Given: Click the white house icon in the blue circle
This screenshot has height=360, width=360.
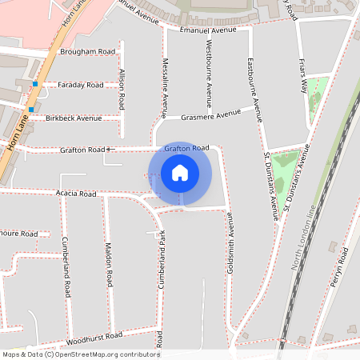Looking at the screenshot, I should pyautogui.click(x=180, y=173).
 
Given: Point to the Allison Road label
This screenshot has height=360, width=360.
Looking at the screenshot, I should pyautogui.click(x=122, y=89).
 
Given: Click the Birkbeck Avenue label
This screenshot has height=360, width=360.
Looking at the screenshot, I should pyautogui.click(x=74, y=118).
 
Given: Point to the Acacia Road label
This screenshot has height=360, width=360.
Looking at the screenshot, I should pyautogui.click(x=76, y=194).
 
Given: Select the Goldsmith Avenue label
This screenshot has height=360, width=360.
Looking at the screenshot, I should pyautogui.click(x=231, y=248).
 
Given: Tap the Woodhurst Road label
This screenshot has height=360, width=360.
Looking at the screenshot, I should pyautogui.click(x=94, y=337).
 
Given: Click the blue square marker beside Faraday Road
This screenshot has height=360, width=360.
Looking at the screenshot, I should pyautogui.click(x=35, y=84).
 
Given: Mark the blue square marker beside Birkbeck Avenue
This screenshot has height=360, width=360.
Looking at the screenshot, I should pyautogui.click(x=30, y=110).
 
